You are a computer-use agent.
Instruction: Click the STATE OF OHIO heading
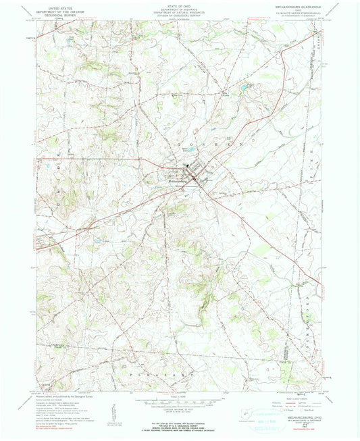[180, 5]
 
